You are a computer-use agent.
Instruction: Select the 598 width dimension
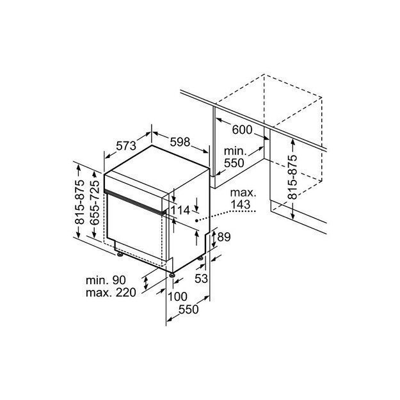179,142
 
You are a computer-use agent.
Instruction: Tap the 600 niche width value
242,130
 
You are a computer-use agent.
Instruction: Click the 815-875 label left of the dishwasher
80,202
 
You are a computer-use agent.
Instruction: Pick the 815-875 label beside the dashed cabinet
292,178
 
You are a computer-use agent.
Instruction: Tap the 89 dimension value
223,237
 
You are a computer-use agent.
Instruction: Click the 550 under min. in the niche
234,163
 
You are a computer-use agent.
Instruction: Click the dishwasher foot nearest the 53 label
202,258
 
